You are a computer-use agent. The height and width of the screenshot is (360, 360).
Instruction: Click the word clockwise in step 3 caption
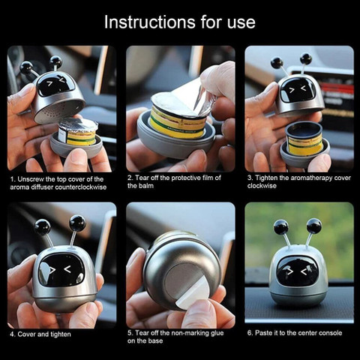coord(262,186)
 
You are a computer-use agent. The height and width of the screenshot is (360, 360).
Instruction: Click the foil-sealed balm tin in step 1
coord(78,132)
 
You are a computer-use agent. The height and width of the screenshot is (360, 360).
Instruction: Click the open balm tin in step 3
coord(304,139)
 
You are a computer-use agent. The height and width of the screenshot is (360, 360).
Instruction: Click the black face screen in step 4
coord(61,270)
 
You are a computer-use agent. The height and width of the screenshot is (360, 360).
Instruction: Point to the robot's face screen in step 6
coord(298,271)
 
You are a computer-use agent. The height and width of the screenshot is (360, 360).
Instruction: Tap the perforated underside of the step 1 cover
coord(58,111)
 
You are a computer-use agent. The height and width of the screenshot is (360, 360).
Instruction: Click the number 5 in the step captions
coord(130,333)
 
